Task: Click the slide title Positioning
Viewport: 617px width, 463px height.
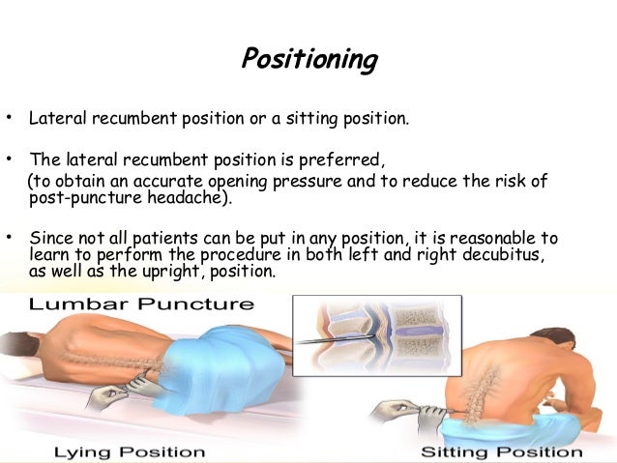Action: coord(308,60)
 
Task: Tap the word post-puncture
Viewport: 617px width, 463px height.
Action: coord(79,199)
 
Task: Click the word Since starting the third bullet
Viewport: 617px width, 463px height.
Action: coord(51,238)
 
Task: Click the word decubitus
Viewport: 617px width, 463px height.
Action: coord(493,255)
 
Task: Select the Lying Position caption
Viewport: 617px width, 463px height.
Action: coord(129,451)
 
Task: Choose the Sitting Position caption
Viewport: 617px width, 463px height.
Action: coord(503,451)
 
